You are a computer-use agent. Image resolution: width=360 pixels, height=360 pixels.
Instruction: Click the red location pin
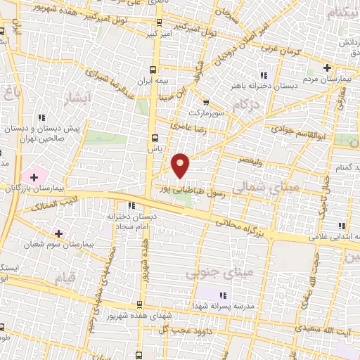coord(181,165)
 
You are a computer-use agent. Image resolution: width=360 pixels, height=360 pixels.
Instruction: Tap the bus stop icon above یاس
coord(155,139)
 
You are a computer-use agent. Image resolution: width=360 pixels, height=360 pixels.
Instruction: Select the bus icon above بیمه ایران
coord(155,70)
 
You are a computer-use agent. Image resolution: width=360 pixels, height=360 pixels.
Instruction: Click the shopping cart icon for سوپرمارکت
coord(205,102)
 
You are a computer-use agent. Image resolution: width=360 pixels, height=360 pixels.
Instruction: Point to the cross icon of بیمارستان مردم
coord(327,67)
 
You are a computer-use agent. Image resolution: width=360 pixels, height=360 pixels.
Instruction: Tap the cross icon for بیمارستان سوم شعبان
coord(58,233)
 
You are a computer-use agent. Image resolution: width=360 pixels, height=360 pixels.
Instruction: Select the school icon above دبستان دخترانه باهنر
coord(264,75)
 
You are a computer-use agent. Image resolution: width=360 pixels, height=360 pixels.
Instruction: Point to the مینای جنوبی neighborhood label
coord(214,271)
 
